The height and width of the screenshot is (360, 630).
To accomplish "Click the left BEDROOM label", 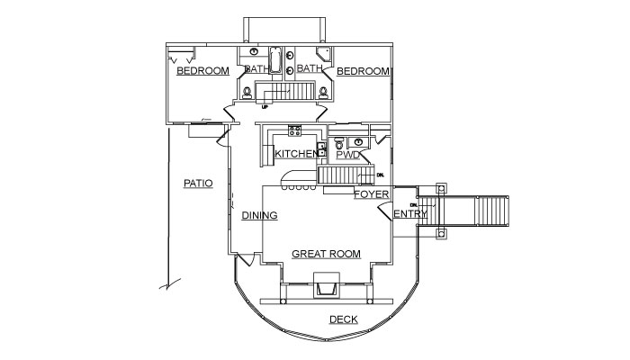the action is pyautogui.click(x=202, y=71).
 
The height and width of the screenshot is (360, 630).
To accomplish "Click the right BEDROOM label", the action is pyautogui.click(x=364, y=71).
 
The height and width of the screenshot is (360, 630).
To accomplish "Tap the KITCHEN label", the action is pyautogui.click(x=296, y=154).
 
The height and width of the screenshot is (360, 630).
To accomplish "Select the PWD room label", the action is pyautogui.click(x=348, y=155).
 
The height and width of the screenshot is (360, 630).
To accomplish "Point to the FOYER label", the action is pyautogui.click(x=372, y=194).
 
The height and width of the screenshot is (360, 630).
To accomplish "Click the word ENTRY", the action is pyautogui.click(x=410, y=214).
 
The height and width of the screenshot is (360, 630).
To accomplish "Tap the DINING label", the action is pyautogui.click(x=259, y=215).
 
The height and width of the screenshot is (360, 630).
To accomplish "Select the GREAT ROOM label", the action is pyautogui.click(x=326, y=254).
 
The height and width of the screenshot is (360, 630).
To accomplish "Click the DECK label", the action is pyautogui.click(x=344, y=319).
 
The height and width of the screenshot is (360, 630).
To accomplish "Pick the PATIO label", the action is pyautogui.click(x=198, y=184).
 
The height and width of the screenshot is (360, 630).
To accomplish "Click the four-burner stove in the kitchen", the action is pyautogui.click(x=294, y=130).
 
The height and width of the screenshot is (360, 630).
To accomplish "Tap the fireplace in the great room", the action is pyautogui.click(x=326, y=285).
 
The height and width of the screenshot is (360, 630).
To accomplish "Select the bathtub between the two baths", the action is pyautogui.click(x=275, y=60).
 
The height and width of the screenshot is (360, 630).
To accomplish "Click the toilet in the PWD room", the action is pyautogui.click(x=339, y=142).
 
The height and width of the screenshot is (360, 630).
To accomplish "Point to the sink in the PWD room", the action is pyautogui.click(x=356, y=142).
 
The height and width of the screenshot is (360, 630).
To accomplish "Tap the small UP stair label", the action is pyautogui.click(x=265, y=107).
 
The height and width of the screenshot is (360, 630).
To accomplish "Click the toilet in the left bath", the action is pyautogui.click(x=247, y=93).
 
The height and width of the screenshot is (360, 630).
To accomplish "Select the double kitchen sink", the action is pyautogui.click(x=321, y=149).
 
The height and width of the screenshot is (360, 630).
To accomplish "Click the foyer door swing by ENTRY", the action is pyautogui.click(x=385, y=211).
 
